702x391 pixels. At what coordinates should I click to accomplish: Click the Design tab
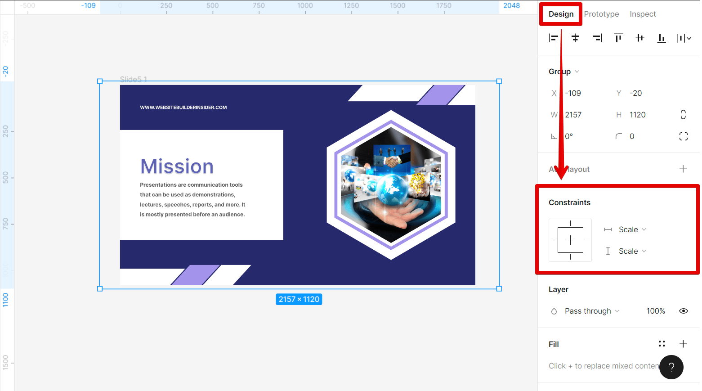click(x=561, y=14)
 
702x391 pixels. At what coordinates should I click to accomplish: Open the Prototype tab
click(x=601, y=14)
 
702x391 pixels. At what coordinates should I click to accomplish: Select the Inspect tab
click(x=643, y=14)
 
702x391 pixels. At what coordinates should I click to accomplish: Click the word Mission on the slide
click(x=177, y=166)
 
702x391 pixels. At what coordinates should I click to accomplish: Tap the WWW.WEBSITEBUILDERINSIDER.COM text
click(x=183, y=108)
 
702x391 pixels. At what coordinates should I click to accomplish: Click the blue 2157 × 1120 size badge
click(x=299, y=299)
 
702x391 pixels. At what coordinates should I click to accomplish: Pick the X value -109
click(x=573, y=93)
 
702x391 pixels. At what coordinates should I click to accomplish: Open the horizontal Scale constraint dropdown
click(x=632, y=229)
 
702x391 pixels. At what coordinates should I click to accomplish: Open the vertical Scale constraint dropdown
click(x=632, y=251)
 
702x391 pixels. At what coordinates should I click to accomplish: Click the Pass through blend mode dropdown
click(x=591, y=311)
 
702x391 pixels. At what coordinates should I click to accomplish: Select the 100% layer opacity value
click(x=655, y=311)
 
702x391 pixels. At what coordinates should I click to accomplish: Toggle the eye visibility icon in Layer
click(x=683, y=311)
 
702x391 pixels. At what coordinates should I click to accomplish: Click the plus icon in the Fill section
click(x=683, y=344)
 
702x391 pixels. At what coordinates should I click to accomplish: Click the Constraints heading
click(x=569, y=202)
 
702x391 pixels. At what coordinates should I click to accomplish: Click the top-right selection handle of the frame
click(x=499, y=81)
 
